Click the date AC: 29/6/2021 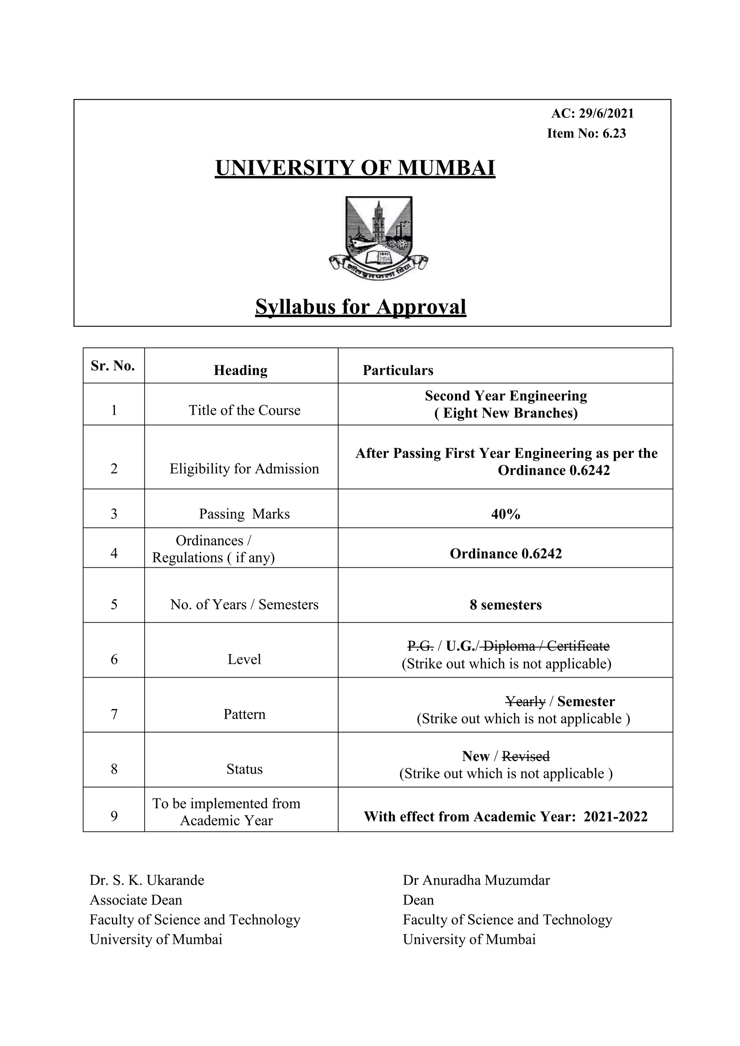point(592,113)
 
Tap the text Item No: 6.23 point(586,134)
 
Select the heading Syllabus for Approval point(361,307)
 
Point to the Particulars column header point(398,370)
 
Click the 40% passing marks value point(505,514)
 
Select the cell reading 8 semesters point(505,605)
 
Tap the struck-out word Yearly point(525,701)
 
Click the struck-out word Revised point(525,756)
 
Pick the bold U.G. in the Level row point(460,646)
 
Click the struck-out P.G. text point(420,646)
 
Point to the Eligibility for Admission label point(244,469)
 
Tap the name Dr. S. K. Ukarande point(147,880)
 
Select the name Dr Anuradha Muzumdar point(476,880)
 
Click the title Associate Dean point(136,900)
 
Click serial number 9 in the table point(114,816)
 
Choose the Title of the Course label point(245,410)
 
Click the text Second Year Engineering point(506,396)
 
